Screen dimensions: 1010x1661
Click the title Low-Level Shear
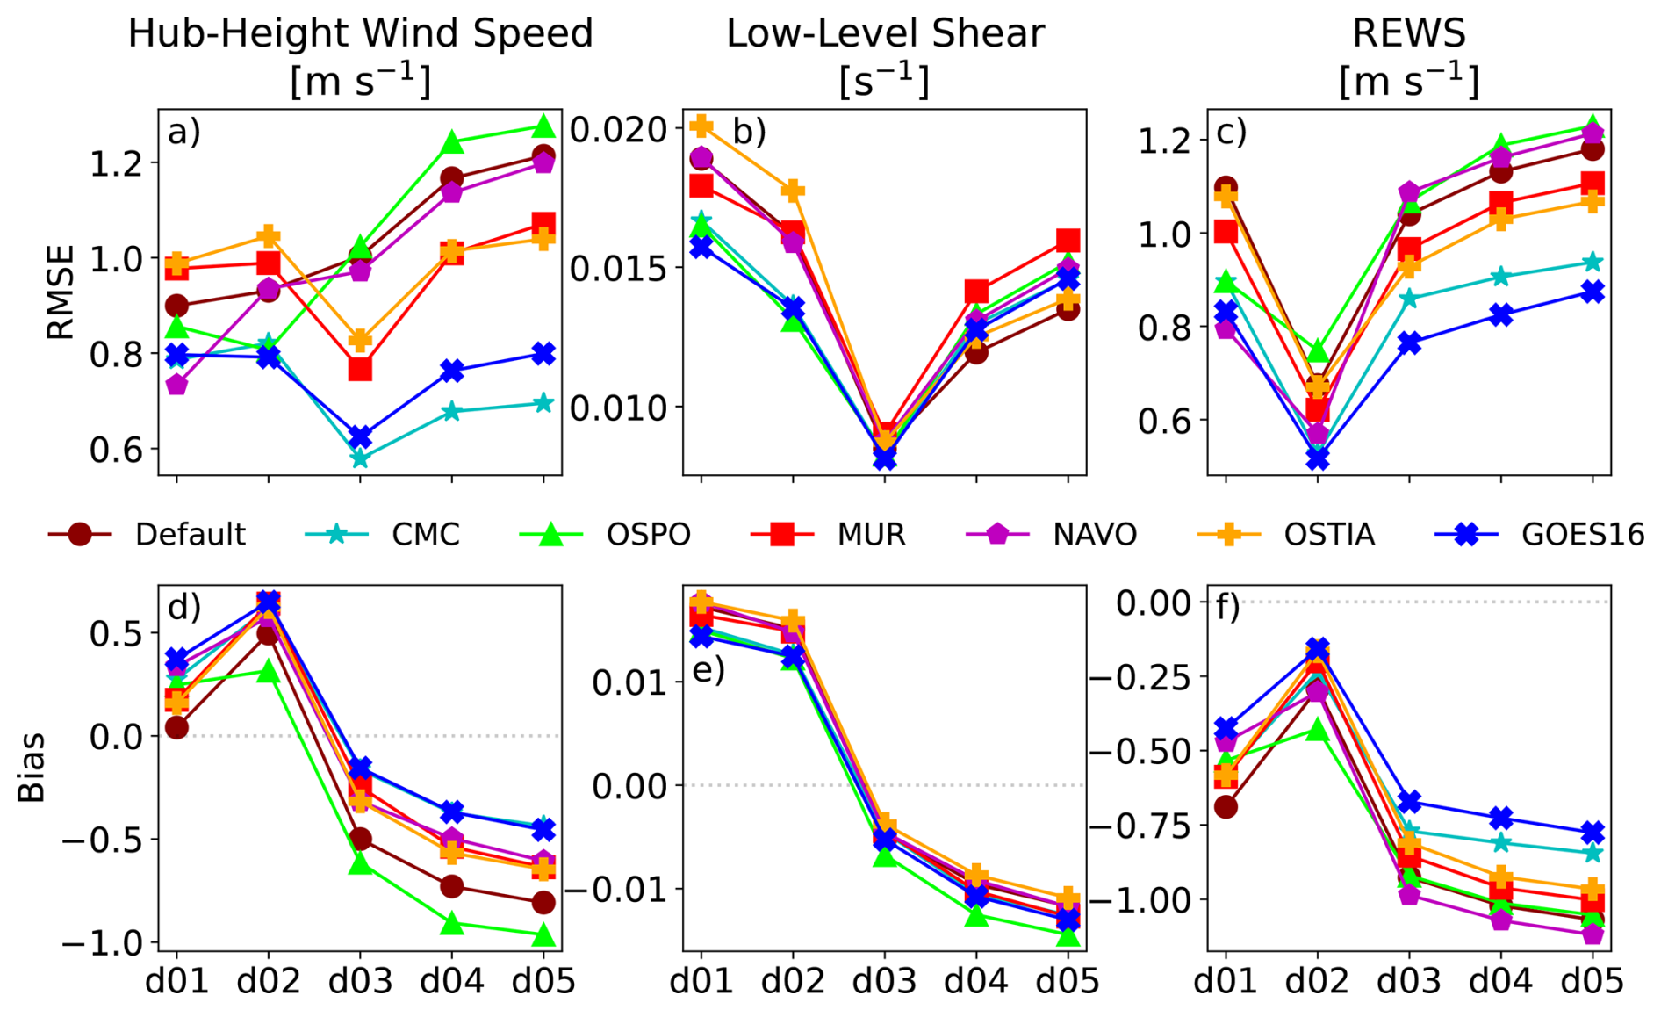point(885,33)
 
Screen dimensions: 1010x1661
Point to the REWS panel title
point(1408,33)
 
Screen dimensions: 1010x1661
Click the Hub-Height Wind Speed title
point(360,33)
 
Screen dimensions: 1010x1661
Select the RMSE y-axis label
point(60,292)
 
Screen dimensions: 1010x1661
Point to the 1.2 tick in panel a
point(119,163)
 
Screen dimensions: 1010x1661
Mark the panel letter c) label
point(1232,132)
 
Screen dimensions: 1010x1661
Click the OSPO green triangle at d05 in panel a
point(543,126)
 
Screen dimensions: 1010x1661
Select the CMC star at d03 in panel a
point(360,458)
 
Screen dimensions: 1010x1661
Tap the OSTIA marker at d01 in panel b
point(701,126)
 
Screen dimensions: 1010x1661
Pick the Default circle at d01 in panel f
point(1226,806)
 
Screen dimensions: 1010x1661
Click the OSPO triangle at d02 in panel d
point(268,673)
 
